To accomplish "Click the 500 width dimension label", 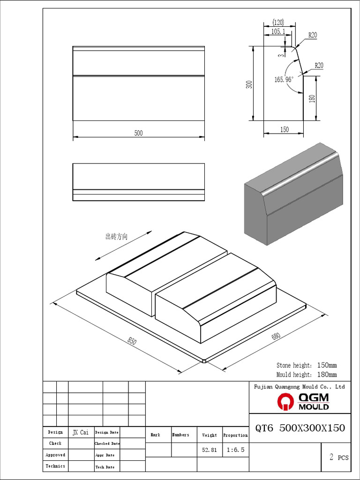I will pos(138,133).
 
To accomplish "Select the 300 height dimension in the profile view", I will pos(249,84).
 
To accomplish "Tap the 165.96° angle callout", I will pos(284,80).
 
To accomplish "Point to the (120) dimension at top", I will pos(278,22).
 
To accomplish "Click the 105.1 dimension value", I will pos(277,31).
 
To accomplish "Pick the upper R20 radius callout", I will pos(312,35).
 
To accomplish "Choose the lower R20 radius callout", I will pos(319,65).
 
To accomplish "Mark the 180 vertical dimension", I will pos(312,98).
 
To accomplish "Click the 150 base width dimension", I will pos(285,130).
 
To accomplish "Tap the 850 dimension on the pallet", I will pos(132,342).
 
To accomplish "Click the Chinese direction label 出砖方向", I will pos(116,237).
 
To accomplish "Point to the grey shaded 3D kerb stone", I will pos(293,195).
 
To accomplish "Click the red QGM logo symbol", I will pos(286,401).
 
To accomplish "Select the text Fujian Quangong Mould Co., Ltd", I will pos(299,387).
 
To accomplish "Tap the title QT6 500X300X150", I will pos(300,428).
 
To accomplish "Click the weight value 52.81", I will pos(209,450).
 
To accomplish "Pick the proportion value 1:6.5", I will pos(235,450).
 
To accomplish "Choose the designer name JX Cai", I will pos(81,432).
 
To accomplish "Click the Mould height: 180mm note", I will pos(307,375).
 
